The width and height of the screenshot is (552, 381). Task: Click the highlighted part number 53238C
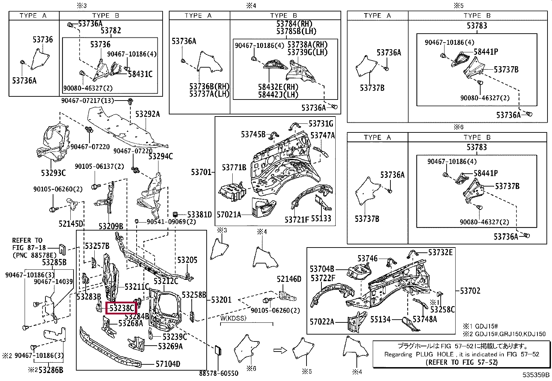pyautogui.click(x=121, y=308)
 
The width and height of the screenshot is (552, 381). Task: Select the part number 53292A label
pyautogui.click(x=147, y=114)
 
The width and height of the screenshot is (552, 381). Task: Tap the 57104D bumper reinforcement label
pyautogui.click(x=168, y=364)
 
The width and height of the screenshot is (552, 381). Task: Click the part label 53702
pyautogui.click(x=471, y=291)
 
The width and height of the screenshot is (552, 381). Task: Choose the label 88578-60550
pyautogui.click(x=219, y=373)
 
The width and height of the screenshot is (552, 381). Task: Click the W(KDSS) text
pyautogui.click(x=233, y=318)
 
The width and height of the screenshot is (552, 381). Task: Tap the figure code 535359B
pyautogui.click(x=536, y=375)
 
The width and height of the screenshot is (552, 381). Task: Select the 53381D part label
pyautogui.click(x=199, y=215)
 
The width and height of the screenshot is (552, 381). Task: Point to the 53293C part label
pyautogui.click(x=53, y=173)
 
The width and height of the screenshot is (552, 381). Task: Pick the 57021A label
pyautogui.click(x=229, y=215)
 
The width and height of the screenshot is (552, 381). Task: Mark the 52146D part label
pyautogui.click(x=289, y=279)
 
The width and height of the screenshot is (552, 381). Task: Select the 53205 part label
pyautogui.click(x=187, y=260)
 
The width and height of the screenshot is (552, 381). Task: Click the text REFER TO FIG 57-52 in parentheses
pyautogui.click(x=461, y=362)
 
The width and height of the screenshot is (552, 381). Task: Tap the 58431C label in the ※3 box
pyautogui.click(x=140, y=74)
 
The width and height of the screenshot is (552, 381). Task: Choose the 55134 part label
pyautogui.click(x=381, y=319)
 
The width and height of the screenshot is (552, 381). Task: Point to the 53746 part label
pyautogui.click(x=368, y=259)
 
